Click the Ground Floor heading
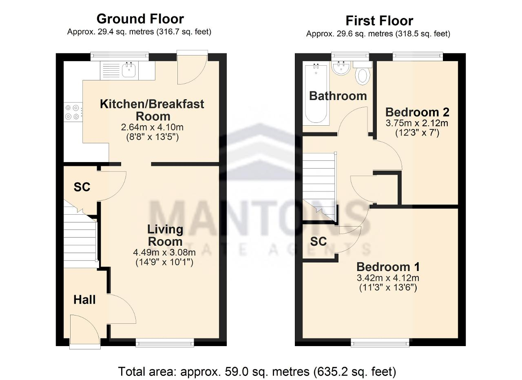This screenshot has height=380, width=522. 140,19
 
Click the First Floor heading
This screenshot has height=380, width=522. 379,21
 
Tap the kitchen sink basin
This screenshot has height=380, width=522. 129,71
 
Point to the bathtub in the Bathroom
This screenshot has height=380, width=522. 316,93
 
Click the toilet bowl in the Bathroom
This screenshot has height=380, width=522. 363,76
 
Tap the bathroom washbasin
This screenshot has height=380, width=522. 341,68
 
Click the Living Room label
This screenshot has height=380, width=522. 165,236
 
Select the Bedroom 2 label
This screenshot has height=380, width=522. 417,112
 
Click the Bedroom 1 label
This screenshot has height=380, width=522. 388,267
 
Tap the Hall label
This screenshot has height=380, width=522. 84,300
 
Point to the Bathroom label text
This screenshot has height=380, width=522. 338,96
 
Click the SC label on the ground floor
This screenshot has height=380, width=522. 82,187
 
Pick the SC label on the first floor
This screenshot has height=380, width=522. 319,242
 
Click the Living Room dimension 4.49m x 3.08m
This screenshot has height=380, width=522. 164,252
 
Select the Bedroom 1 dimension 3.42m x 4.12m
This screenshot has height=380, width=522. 388,278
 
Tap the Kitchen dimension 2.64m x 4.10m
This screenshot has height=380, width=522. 152,127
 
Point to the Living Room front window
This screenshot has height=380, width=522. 165,343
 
